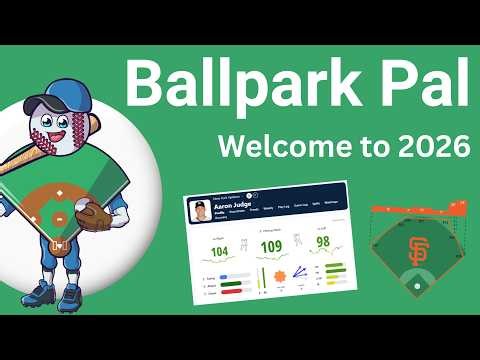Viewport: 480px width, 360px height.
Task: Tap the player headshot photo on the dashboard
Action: [x=198, y=211]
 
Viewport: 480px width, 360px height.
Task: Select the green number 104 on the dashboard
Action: [x=221, y=252]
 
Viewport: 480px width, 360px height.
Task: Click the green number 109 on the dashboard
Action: [x=271, y=247]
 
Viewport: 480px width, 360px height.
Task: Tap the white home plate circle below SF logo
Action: [x=417, y=286]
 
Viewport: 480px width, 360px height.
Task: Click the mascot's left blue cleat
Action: [x=41, y=293]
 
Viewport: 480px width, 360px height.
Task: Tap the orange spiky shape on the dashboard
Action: [x=277, y=274]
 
